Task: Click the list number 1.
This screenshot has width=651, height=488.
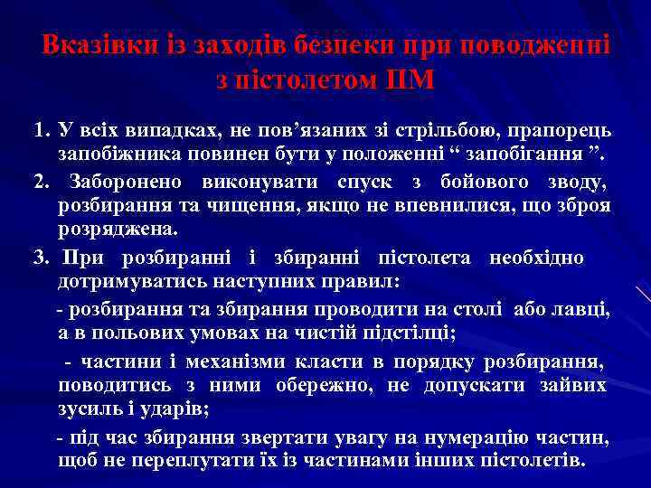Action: click(x=39, y=130)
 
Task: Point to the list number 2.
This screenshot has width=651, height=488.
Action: click(x=39, y=182)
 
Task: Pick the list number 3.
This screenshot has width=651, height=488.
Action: click(x=39, y=258)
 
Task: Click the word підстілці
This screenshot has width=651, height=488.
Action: click(x=409, y=334)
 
